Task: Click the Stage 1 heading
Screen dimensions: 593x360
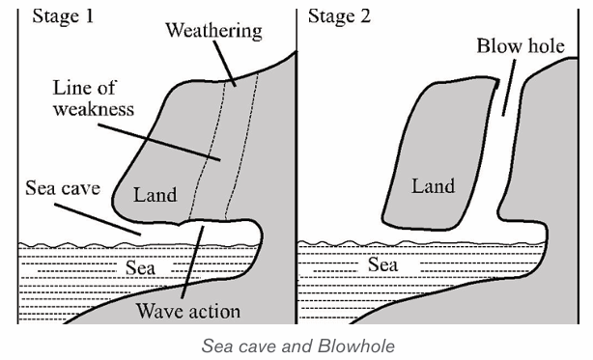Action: pos(63,16)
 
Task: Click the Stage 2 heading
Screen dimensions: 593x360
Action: pos(339,16)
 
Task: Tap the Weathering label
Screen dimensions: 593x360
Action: pos(214,31)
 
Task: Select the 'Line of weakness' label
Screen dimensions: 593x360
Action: pos(94,98)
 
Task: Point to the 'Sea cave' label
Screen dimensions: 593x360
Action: pos(63,188)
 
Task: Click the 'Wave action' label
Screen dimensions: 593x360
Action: pos(188,312)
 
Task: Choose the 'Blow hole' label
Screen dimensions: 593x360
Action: pos(521,46)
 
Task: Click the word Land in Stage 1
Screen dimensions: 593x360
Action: pos(155,195)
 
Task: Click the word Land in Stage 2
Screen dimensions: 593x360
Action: pos(433,186)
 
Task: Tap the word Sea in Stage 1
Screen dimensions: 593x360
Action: pos(140,267)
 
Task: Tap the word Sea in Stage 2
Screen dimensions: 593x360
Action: pos(382,264)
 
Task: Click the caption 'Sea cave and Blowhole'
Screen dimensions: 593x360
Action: pos(298,346)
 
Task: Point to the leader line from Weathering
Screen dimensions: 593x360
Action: pos(225,64)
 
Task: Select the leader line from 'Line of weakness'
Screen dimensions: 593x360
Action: pos(158,143)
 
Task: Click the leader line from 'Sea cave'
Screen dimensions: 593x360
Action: pos(98,219)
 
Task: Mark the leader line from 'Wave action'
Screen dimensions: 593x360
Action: pos(192,263)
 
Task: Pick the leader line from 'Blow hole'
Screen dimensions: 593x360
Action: pos(509,88)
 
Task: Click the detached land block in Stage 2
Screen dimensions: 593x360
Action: pos(438,154)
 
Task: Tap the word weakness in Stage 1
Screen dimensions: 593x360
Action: pos(94,109)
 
